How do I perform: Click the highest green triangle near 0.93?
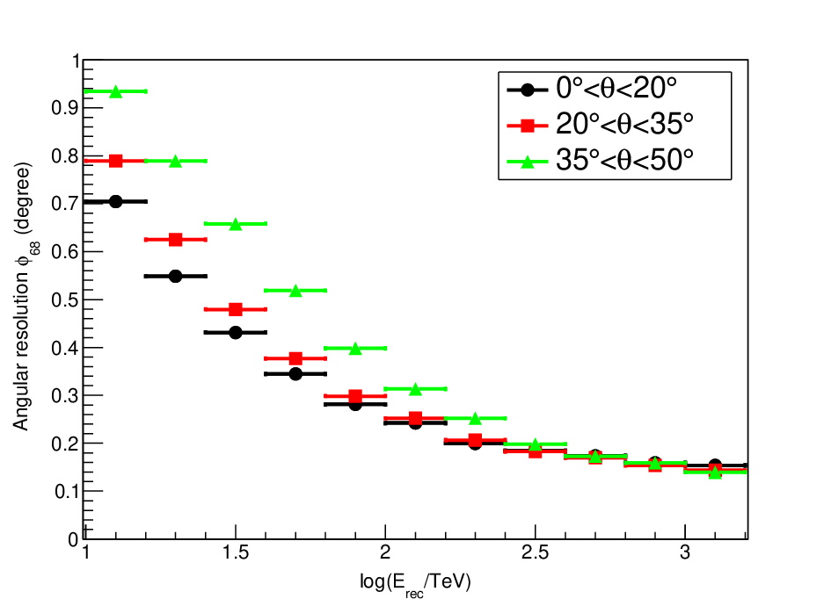(x=115, y=92)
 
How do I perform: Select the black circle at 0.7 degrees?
(x=115, y=202)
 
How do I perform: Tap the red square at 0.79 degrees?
(x=115, y=161)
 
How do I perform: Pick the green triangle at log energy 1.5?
(x=236, y=224)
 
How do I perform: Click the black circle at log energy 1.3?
(x=175, y=276)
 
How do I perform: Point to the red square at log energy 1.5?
(x=236, y=309)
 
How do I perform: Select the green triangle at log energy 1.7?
(x=295, y=291)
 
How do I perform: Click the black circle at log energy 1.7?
(x=295, y=374)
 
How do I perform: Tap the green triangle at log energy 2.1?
(x=415, y=389)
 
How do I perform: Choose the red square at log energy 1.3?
(x=175, y=240)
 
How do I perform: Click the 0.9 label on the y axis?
(x=65, y=108)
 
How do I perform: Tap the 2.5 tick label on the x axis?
(x=536, y=552)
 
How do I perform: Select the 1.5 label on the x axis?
(x=236, y=552)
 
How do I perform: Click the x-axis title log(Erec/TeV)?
(x=415, y=584)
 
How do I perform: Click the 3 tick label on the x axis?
(x=685, y=552)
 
